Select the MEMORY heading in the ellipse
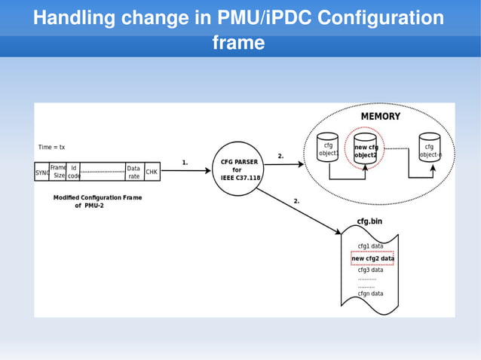pyautogui.click(x=380, y=117)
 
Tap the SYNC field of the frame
pyautogui.click(x=41, y=172)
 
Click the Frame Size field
pyautogui.click(x=58, y=172)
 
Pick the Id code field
pyautogui.click(x=74, y=172)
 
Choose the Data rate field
pyautogui.click(x=133, y=172)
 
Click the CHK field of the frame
pyautogui.click(x=152, y=172)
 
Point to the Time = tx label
pyautogui.click(x=52, y=147)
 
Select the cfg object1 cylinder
pyautogui.click(x=327, y=150)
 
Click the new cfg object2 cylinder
pyautogui.click(x=366, y=151)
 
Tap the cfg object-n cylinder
pyautogui.click(x=430, y=151)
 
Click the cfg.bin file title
pyautogui.click(x=369, y=222)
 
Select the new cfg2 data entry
pyautogui.click(x=372, y=258)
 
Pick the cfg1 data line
pyautogui.click(x=370, y=246)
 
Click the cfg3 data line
pyautogui.click(x=370, y=270)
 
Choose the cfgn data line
pyautogui.click(x=370, y=293)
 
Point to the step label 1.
pyautogui.click(x=185, y=162)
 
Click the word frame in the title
pyautogui.click(x=238, y=43)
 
